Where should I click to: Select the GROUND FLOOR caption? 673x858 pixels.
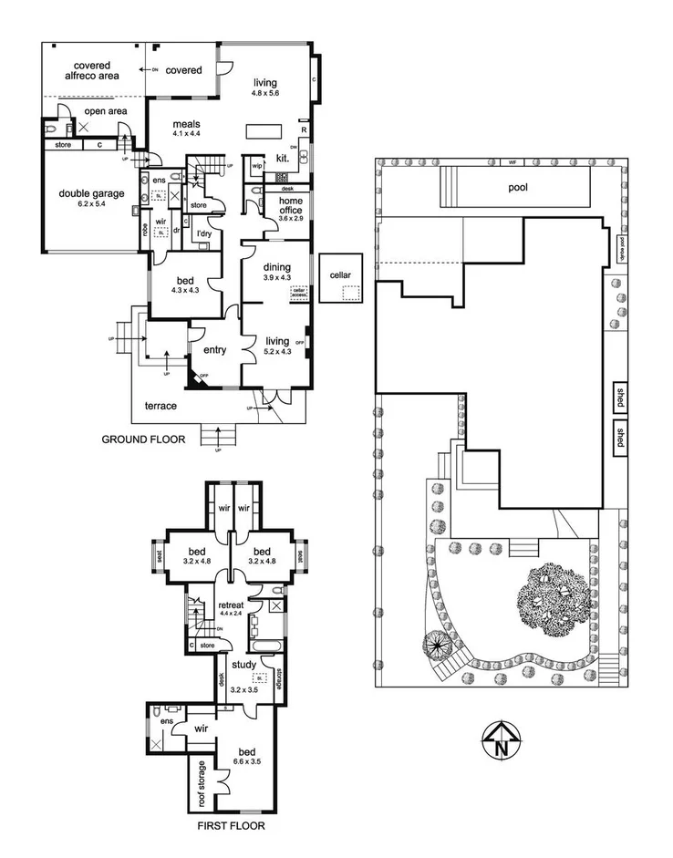pos(143,439)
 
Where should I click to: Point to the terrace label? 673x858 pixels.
pos(160,405)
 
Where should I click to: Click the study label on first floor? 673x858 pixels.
pos(243,665)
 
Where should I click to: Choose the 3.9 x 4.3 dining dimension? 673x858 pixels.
pos(276,277)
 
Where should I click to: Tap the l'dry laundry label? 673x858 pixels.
pos(205,234)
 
